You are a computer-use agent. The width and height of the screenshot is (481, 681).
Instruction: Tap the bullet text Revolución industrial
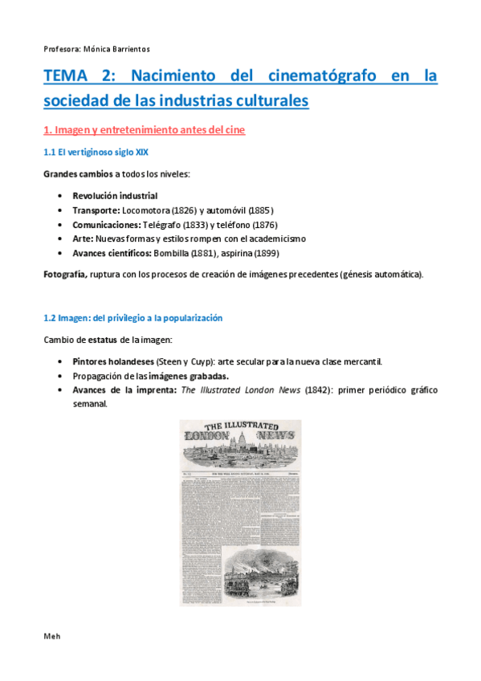[115, 196]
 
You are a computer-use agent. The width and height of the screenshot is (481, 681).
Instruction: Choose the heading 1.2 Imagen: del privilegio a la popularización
[132, 318]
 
